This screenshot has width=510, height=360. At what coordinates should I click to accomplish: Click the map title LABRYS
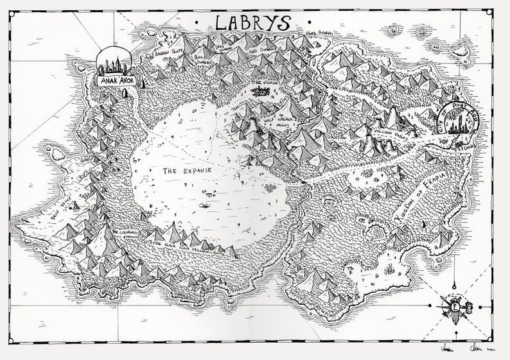coord(252,22)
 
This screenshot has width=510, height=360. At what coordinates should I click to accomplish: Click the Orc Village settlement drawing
coord(261,93)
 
